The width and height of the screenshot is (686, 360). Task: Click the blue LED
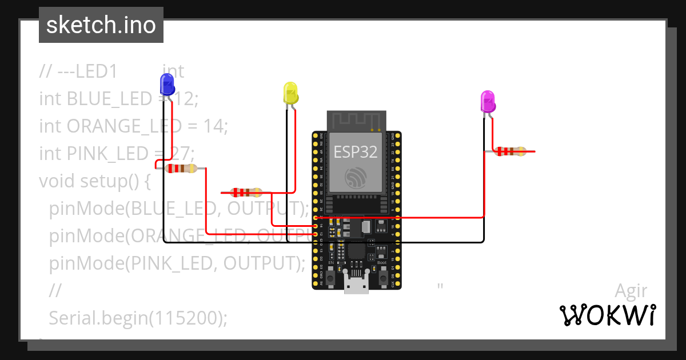tap(167, 84)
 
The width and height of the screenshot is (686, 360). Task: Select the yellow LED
tap(290, 93)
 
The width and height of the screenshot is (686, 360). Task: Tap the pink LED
tap(488, 102)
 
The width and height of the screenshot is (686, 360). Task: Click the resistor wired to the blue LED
tap(181, 168)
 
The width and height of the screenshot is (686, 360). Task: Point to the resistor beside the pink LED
tap(510, 151)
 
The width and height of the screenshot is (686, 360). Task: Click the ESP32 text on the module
tap(356, 151)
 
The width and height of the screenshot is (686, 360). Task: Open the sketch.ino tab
tap(101, 25)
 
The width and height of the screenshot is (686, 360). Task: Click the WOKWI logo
tap(607, 315)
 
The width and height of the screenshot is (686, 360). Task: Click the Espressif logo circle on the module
tap(356, 178)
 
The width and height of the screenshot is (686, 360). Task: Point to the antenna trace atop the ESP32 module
tap(356, 121)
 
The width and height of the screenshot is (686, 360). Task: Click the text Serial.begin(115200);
tap(138, 318)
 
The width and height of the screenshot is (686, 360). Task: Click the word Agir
tap(631, 290)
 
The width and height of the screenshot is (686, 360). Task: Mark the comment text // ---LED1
tap(78, 71)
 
